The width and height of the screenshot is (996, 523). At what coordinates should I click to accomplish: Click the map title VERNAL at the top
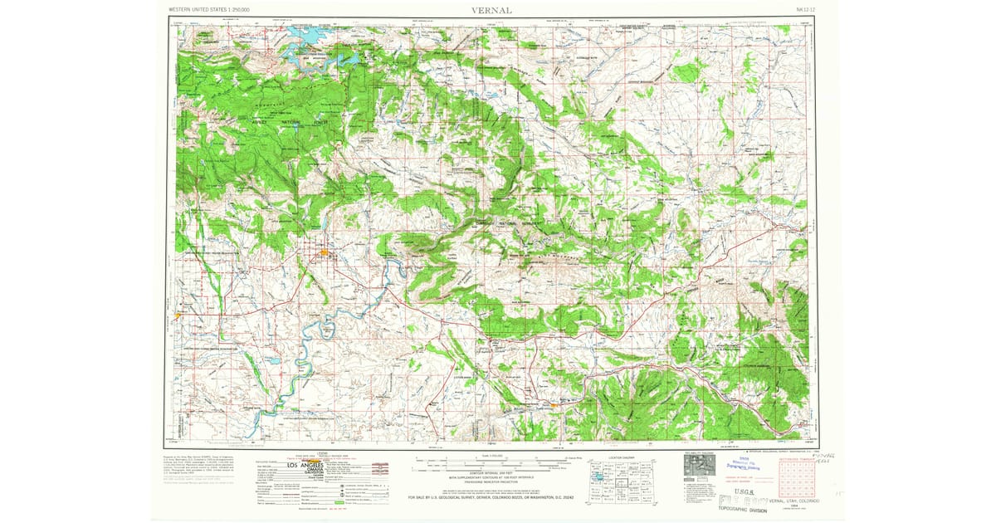coord(492,10)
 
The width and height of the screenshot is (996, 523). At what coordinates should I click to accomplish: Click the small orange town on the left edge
coord(179,315)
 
